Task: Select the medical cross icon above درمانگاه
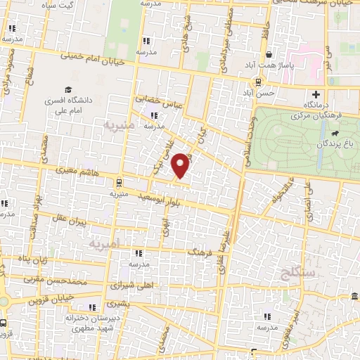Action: [316, 95]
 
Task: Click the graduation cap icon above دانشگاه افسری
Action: [69, 89]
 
